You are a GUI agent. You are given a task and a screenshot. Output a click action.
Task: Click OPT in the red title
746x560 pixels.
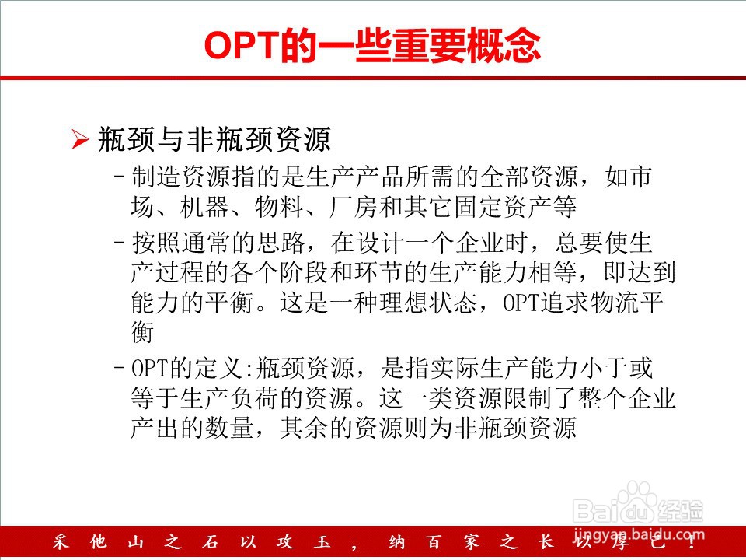[242, 45]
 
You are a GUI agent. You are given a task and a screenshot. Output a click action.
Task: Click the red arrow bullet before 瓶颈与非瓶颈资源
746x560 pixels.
[80, 139]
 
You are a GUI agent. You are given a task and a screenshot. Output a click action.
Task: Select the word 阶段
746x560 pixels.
[304, 272]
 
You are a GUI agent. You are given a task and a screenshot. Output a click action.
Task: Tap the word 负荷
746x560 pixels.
[255, 398]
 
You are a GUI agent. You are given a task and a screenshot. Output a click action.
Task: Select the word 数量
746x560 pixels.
[230, 428]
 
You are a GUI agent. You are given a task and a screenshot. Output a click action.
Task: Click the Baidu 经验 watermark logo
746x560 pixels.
[638, 503]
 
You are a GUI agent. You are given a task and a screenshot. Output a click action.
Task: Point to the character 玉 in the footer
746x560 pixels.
[322, 541]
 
